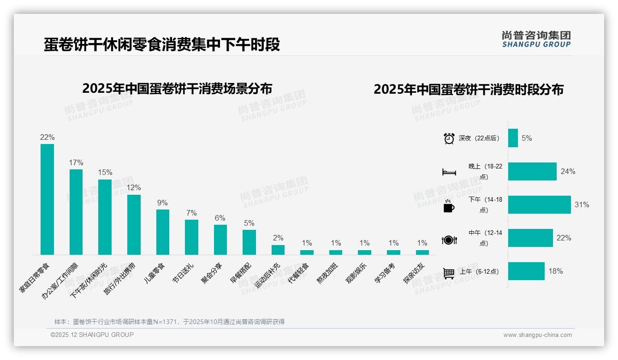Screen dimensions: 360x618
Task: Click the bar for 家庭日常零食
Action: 47,199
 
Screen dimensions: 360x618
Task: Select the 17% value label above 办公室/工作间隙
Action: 76,163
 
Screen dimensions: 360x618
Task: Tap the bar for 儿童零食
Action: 162,232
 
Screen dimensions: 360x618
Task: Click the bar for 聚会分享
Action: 220,240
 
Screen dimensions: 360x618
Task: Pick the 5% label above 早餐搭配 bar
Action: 249,223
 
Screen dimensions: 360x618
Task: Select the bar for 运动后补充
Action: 278,250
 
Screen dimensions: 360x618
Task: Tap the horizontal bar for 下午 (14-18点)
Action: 539,204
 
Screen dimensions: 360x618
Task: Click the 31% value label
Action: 582,204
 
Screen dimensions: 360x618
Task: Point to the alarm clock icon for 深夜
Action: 449,138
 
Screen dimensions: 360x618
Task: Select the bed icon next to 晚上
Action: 449,172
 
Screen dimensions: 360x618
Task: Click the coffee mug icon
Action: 449,206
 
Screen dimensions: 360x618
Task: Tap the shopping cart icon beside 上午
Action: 449,273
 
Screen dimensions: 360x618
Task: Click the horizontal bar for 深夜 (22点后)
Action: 513,138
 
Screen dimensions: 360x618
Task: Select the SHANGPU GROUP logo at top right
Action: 536,39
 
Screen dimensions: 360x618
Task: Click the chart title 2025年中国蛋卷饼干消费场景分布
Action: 177,88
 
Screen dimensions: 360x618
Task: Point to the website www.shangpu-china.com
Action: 537,335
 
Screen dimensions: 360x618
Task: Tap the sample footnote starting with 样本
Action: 169,322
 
